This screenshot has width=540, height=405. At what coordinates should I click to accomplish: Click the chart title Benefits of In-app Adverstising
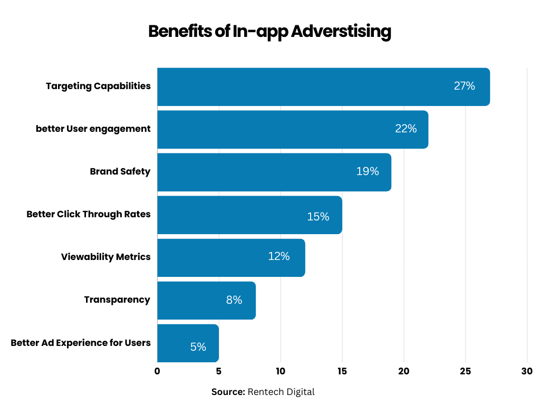[269, 32]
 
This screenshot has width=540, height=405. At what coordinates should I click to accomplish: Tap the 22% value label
[406, 129]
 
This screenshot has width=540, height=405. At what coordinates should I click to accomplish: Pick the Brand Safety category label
[120, 171]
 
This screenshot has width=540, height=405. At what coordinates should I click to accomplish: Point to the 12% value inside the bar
[278, 256]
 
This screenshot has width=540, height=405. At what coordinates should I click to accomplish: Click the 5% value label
[198, 347]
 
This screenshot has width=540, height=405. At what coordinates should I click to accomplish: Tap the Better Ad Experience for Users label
[81, 343]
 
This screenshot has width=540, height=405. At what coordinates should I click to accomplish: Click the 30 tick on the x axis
[527, 371]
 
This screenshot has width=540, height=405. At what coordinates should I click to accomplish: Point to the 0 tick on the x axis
[157, 371]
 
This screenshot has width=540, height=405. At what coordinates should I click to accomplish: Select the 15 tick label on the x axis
[342, 371]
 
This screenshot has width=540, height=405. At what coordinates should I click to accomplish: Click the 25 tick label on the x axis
[465, 371]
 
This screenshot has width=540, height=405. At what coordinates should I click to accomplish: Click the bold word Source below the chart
[228, 392]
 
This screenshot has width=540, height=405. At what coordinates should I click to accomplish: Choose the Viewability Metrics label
[106, 257]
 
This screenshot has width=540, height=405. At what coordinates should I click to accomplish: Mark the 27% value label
[464, 86]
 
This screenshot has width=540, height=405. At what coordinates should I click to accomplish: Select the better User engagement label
[93, 129]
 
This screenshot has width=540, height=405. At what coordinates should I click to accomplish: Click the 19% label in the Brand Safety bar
[367, 171]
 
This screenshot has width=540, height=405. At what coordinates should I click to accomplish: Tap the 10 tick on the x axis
[280, 371]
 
